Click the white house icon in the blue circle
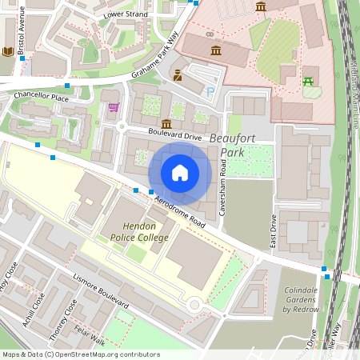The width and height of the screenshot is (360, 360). click(180, 172)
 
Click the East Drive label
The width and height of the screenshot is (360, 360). click(274, 230)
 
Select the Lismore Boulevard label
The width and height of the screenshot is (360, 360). click(101, 294)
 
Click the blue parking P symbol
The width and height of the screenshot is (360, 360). click(210, 92)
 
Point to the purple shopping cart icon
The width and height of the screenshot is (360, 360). click(114, 106)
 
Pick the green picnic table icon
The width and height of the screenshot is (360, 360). click(308, 80)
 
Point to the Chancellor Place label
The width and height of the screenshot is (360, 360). click(42, 96)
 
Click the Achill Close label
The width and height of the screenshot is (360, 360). click(33, 310)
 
